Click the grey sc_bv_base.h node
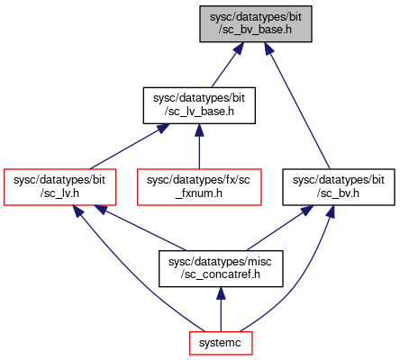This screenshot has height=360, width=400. (x=256, y=24)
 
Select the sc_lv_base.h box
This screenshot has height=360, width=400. (x=199, y=105)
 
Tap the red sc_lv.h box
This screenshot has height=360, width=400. (x=59, y=187)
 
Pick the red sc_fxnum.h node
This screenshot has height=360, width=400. (x=199, y=187)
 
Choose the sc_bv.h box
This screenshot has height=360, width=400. (x=339, y=187)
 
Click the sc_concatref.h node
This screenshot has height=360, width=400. (x=221, y=269)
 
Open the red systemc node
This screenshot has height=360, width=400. (x=221, y=343)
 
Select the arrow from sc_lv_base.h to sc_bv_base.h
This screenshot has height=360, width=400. (x=228, y=65)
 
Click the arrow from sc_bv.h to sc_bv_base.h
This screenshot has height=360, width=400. (x=297, y=105)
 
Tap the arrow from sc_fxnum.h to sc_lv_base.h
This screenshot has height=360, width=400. (x=199, y=147)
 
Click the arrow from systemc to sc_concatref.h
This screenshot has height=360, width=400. (x=221, y=310)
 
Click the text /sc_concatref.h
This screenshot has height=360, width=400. (x=221, y=274)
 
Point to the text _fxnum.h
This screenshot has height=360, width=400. (x=199, y=193)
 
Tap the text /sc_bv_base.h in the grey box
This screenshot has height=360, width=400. (x=256, y=30)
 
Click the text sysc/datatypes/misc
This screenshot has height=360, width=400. (x=220, y=262)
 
